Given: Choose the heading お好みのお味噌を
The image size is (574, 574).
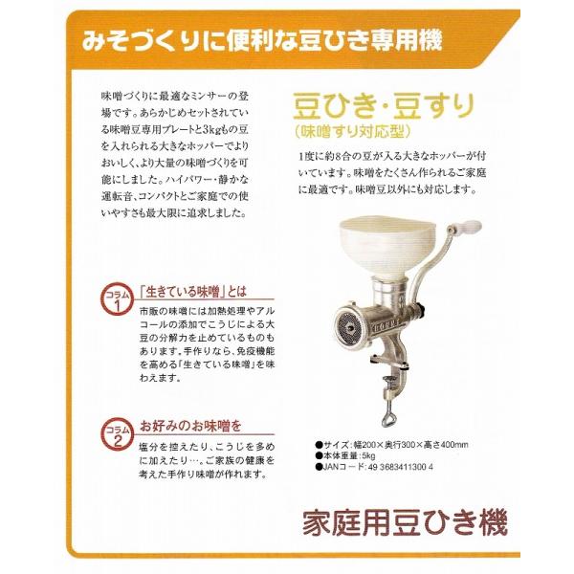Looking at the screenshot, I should click(190, 425).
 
